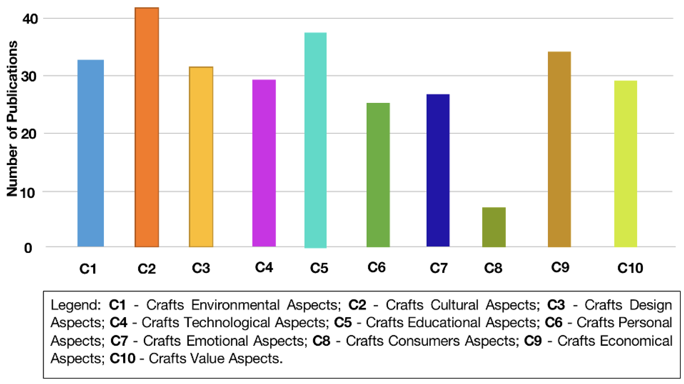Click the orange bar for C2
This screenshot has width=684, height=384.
[x=147, y=128]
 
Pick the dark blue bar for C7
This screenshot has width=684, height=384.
[x=438, y=170]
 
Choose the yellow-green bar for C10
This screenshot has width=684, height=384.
[x=625, y=164]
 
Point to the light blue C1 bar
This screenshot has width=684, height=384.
[x=91, y=153]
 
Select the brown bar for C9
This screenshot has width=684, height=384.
[x=559, y=149]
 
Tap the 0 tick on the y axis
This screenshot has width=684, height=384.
[x=28, y=248]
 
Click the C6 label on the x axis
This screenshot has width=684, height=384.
[x=376, y=267]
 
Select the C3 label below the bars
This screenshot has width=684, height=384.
[x=201, y=268]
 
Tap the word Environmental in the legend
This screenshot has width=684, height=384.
[x=235, y=305]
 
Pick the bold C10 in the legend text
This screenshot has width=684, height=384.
[x=122, y=358]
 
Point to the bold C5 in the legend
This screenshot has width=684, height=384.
[x=343, y=323]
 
